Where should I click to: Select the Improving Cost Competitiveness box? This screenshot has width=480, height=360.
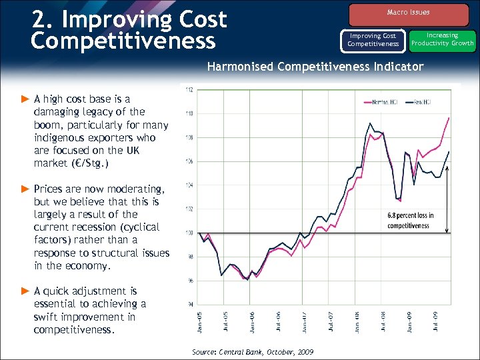[x=373, y=40]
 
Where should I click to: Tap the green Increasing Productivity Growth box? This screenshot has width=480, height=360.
[x=443, y=39]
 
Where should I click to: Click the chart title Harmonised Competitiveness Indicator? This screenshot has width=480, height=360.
[x=315, y=67]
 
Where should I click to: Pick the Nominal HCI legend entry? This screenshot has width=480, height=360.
[x=377, y=101]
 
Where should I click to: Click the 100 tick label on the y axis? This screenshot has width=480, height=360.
[x=190, y=233]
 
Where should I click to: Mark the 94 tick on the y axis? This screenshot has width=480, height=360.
[x=190, y=305]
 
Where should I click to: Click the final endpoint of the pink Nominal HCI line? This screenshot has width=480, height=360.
[x=449, y=118]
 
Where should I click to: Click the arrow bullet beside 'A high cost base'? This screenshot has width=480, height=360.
[x=25, y=99]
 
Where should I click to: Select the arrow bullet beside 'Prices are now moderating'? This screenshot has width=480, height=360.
[x=25, y=189]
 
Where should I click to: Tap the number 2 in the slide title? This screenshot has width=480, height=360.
[x=39, y=19]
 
